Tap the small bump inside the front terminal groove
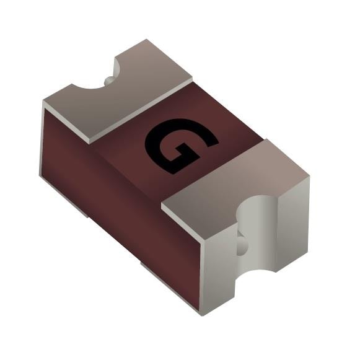[x=242, y=246]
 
